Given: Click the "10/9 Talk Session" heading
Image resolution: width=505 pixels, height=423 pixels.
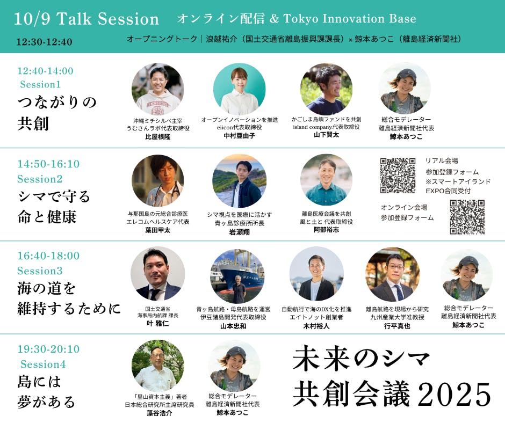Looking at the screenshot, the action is coord(86,19).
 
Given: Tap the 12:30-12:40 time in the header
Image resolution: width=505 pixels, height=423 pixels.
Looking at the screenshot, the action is coord(45,42).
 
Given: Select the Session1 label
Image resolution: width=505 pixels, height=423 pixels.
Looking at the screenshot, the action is coord(40,84).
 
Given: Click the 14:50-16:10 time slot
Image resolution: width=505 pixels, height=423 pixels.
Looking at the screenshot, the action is coord(48,164).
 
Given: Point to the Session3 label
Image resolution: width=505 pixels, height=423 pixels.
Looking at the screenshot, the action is coord(40,271).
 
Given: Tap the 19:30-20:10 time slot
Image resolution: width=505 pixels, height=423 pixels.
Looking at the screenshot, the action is coord(48,349).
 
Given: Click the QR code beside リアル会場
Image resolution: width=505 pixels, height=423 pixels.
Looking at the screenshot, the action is coord(398,176).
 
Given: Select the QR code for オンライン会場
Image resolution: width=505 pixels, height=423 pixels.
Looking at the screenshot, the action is coord(467,217).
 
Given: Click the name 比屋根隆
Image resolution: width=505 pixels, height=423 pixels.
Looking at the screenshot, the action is coord(158,137).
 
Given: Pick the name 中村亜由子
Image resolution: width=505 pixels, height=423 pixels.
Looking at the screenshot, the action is coord(239,135).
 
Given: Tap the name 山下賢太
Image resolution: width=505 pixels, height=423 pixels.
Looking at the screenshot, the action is coord(326,135).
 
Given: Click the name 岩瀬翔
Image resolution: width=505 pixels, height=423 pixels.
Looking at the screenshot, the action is coord(239,232).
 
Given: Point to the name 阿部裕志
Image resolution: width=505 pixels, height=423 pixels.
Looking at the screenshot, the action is coord(326,230).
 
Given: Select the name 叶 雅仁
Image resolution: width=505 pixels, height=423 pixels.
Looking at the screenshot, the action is coord(157,323).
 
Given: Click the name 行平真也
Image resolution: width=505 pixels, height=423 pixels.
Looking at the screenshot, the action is coord(397,326).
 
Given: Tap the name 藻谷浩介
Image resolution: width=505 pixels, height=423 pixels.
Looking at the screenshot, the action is coord(159,413).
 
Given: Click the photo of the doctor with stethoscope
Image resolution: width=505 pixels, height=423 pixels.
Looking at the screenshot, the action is coord(158,180).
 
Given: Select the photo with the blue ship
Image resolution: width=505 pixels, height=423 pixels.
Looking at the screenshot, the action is coord(237,276).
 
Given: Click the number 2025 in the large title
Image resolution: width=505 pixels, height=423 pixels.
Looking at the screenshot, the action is coord(454,394).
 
